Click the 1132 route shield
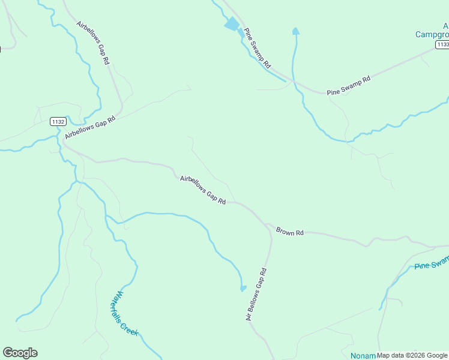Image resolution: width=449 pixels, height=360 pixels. [58, 121]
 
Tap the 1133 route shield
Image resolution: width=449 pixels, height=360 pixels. [443, 44]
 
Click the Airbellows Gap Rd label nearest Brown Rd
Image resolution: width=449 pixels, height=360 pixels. [203, 190]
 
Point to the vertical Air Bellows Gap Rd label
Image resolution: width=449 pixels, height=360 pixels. [256, 294]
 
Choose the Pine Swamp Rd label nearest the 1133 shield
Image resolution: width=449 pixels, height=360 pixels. [349, 86]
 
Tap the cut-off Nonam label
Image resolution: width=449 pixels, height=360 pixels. [363, 355]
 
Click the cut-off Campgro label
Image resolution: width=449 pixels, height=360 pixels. [432, 34]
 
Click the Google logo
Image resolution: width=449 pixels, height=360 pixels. [20, 353]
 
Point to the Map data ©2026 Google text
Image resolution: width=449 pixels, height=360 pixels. [412, 355]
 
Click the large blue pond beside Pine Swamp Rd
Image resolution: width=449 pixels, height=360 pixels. [232, 25]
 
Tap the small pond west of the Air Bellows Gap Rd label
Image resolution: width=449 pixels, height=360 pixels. [243, 289]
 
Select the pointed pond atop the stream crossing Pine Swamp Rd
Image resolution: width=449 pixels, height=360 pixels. [295, 31]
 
